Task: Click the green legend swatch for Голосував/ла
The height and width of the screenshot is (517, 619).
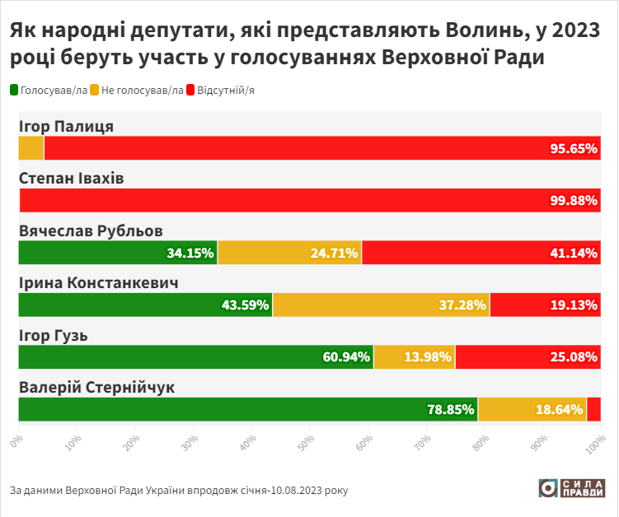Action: point(14,90)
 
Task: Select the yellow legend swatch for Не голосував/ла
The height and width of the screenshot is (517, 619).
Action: point(95,90)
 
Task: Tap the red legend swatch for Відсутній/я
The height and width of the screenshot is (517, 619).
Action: point(191,90)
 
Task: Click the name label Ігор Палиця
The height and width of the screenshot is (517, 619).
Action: point(67,126)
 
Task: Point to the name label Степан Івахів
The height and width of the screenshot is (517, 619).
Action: point(72,178)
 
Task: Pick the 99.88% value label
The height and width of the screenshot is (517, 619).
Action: point(573,201)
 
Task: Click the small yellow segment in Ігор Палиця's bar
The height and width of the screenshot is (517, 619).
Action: point(31,148)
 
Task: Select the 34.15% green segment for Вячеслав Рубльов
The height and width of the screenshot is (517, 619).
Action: point(118,253)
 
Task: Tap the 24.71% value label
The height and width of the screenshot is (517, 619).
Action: point(334,253)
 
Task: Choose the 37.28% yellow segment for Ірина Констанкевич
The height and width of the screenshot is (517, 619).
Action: point(381,305)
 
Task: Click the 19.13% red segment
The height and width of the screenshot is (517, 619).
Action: point(545,305)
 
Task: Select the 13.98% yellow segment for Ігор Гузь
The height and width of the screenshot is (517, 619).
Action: point(414,357)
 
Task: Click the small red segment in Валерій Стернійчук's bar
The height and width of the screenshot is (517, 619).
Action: point(593,409)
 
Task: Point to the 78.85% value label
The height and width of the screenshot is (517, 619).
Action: point(450,409)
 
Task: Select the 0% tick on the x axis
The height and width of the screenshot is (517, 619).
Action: point(16,441)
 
